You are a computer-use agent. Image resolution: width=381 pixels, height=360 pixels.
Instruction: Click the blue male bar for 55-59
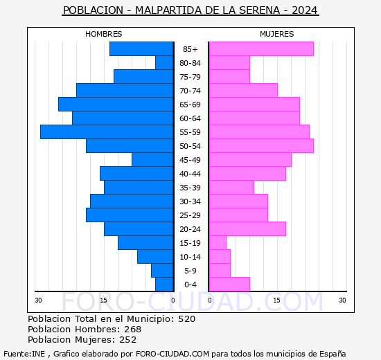tap(107, 132)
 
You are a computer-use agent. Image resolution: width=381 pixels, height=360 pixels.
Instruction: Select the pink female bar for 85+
tap(260, 49)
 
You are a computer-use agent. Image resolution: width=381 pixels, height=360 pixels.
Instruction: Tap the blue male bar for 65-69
tap(116, 105)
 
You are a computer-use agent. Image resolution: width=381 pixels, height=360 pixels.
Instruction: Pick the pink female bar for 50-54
tap(260, 146)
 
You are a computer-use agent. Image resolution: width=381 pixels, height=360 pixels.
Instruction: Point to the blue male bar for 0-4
tap(164, 285)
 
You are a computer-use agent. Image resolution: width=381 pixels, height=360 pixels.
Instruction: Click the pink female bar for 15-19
tap(218, 243)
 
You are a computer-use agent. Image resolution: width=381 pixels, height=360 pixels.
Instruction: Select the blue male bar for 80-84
tap(164, 63)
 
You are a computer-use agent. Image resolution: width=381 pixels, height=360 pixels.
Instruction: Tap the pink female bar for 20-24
tap(247, 229)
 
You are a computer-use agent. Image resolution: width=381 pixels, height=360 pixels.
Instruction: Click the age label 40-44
tap(190, 174)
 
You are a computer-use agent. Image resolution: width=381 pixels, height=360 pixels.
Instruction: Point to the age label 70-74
tap(190, 91)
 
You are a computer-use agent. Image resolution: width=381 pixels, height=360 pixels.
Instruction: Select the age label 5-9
tap(190, 271)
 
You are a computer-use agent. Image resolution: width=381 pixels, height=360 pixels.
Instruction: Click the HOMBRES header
tap(104, 34)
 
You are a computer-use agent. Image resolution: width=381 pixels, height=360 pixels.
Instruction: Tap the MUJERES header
tap(276, 34)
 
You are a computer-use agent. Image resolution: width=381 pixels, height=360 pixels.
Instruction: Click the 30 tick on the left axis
tap(39, 300)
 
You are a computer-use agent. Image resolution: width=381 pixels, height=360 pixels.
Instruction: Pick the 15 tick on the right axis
tap(276, 300)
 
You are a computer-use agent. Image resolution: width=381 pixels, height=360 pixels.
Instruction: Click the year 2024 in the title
tap(305, 10)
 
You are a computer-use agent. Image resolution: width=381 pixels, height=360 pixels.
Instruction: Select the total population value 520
tap(186, 319)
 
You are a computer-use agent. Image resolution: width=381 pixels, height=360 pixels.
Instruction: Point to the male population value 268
tap(132, 330)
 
